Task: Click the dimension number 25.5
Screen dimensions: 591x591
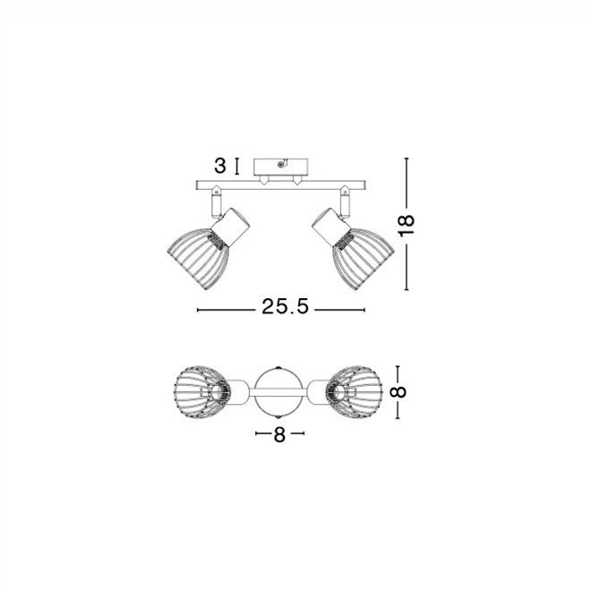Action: coord(285,306)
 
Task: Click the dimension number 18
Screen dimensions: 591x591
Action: coord(407,226)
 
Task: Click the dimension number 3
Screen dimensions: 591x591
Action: coord(220,166)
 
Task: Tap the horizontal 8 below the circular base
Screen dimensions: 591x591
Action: coord(279,434)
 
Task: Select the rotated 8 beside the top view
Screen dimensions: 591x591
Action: coord(398,392)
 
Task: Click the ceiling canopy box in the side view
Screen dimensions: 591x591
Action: coord(281,167)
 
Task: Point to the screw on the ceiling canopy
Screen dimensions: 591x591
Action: coord(280,164)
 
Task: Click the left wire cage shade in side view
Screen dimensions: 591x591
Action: coord(199,257)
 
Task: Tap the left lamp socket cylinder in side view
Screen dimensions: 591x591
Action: coord(230,227)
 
